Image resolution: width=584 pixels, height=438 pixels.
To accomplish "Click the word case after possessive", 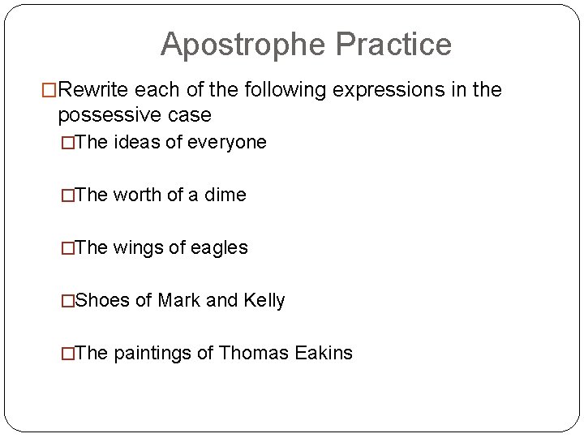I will [x=187, y=114].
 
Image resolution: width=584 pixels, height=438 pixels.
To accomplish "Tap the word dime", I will [x=225, y=195].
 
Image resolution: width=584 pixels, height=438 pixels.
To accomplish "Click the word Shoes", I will [x=102, y=301].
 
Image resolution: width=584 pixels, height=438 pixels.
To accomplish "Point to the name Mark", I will [x=179, y=301].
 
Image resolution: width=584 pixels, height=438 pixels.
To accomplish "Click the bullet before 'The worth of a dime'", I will [x=67, y=195].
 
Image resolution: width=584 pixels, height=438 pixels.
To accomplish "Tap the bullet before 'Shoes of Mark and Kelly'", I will [x=67, y=301].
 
